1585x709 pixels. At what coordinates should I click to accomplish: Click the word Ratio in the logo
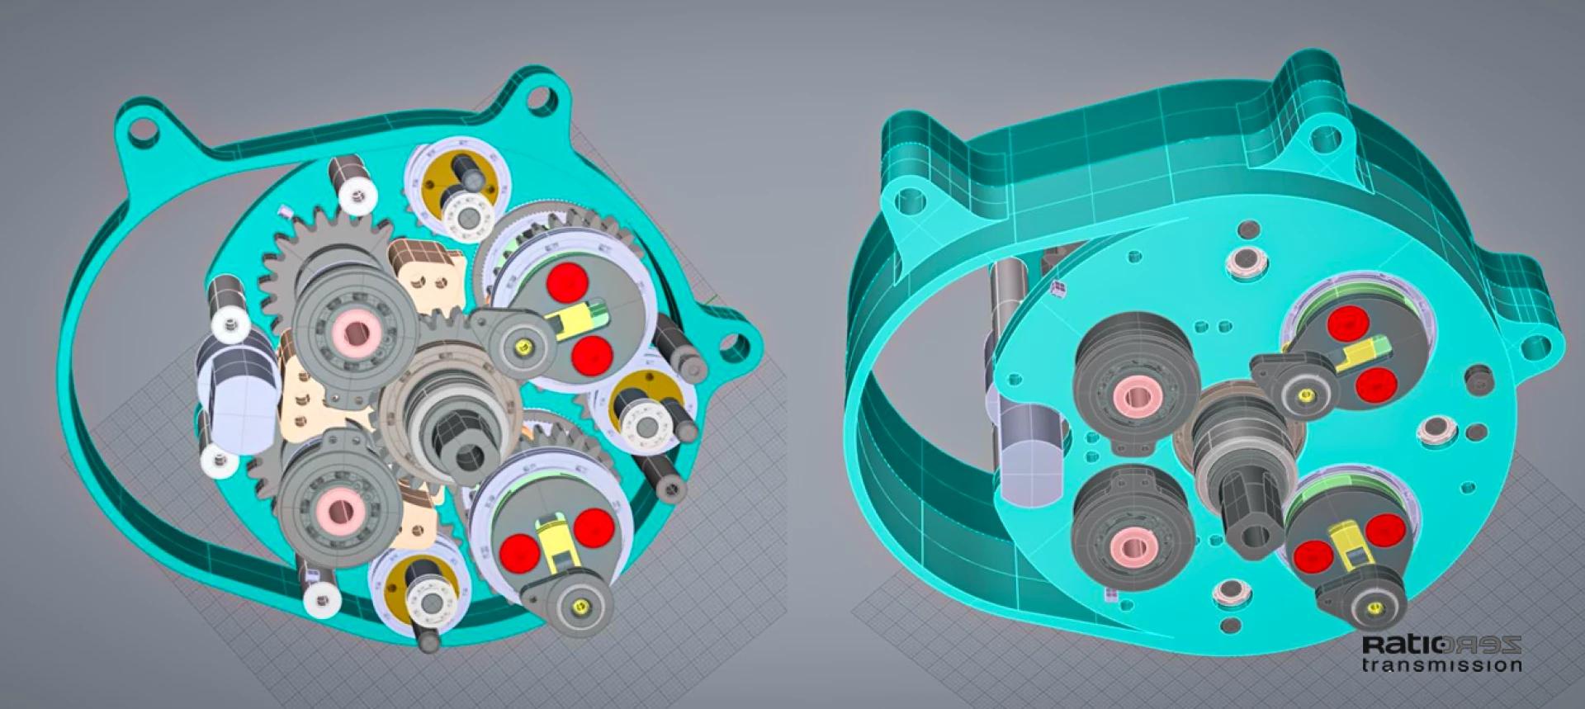[1403, 645]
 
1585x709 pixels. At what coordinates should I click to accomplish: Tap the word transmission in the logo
[1442, 664]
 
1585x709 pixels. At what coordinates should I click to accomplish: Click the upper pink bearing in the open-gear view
[357, 332]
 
